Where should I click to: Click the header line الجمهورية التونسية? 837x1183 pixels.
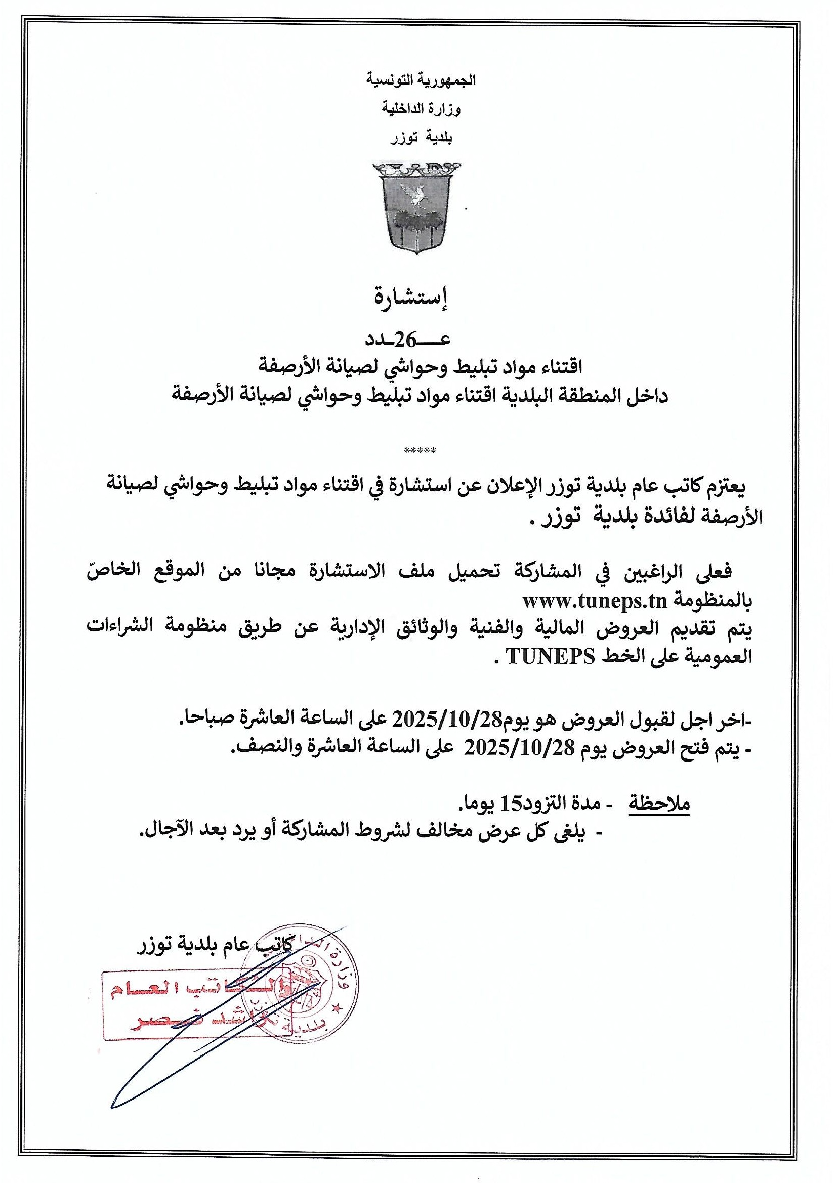coord(421,81)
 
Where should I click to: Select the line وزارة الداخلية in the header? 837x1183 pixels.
coord(421,109)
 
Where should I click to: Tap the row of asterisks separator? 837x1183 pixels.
coord(421,451)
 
